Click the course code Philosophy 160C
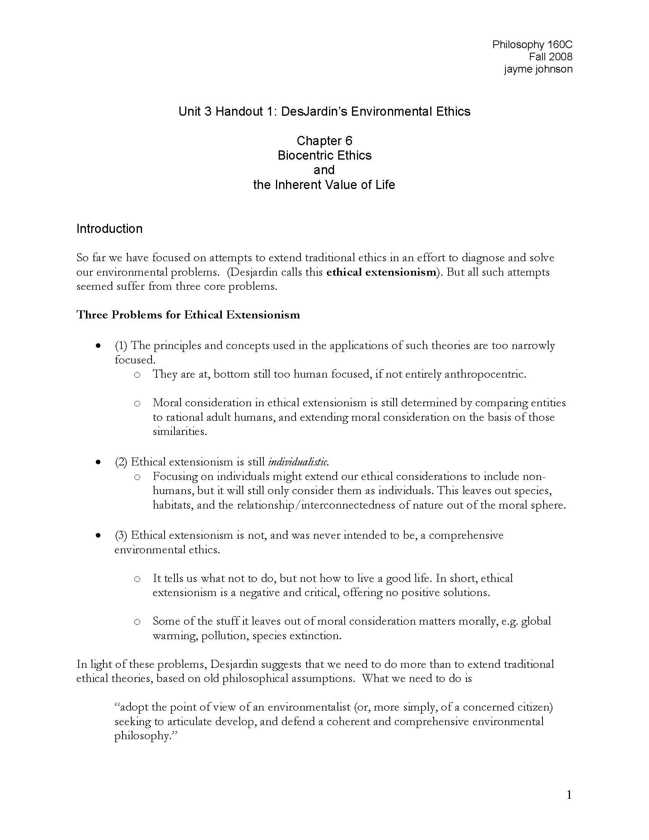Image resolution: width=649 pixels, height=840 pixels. [532, 45]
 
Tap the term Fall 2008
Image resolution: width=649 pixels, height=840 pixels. [550, 57]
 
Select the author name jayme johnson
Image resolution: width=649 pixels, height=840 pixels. [538, 69]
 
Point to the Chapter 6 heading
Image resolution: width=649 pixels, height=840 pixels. [324, 141]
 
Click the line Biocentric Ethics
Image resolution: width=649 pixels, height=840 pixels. [324, 155]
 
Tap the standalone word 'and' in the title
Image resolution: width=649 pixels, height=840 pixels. [324, 170]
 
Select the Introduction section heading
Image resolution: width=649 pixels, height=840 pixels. [109, 229]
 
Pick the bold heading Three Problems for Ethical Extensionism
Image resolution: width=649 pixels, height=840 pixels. [188, 315]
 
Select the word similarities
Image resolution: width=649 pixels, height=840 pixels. [179, 431]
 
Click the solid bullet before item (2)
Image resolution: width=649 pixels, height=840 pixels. [99, 462]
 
